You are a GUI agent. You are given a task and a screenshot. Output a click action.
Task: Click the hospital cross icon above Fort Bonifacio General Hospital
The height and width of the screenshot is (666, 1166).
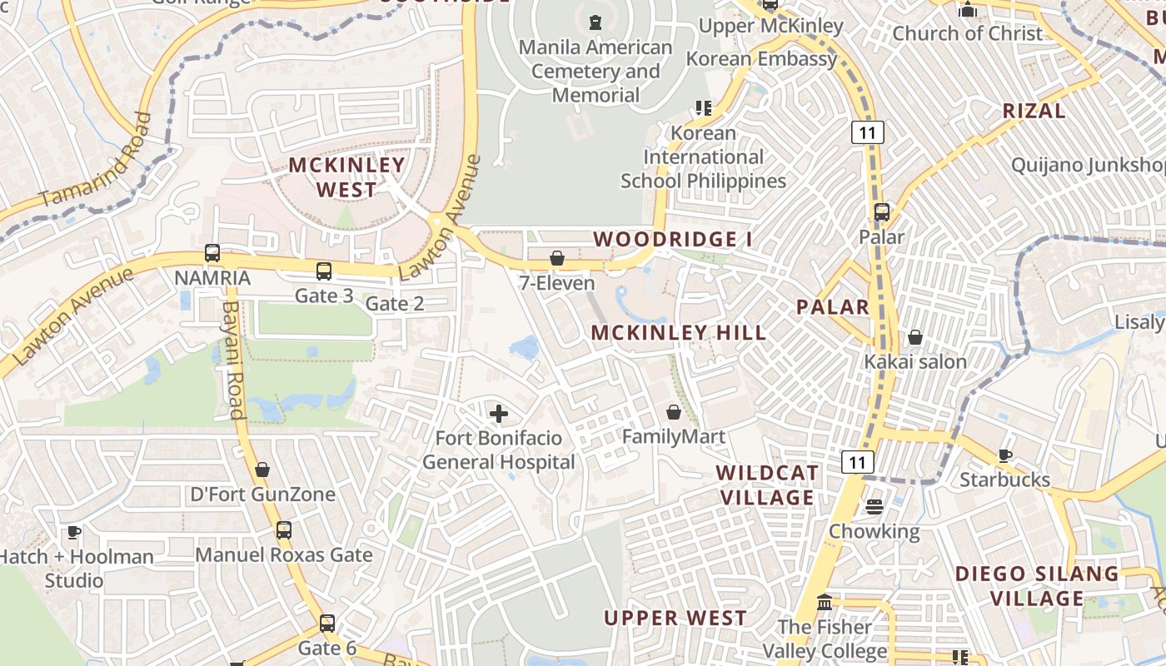[x=498, y=413]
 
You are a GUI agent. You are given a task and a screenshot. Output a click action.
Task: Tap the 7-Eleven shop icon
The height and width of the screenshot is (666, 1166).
[x=557, y=259]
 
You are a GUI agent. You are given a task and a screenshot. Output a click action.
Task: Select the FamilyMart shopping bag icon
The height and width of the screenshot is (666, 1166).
[x=674, y=412]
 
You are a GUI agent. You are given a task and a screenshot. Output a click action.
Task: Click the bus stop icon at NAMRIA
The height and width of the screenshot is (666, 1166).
[x=212, y=253]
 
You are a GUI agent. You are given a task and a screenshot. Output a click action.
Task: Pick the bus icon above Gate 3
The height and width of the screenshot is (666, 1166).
[x=324, y=271]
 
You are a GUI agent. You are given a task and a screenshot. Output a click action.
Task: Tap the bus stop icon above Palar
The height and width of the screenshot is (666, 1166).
[x=882, y=212]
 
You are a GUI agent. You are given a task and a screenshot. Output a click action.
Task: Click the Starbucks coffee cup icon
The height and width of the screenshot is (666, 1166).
[x=1005, y=455]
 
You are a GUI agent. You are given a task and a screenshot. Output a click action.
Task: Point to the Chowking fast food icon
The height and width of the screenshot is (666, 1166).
[x=874, y=506]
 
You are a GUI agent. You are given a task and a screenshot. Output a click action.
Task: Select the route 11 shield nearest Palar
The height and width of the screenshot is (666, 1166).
[x=867, y=132]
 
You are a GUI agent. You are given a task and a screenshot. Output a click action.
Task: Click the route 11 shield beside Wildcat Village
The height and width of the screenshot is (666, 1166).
[x=857, y=461]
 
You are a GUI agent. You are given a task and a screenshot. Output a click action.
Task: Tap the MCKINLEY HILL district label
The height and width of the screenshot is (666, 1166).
[x=679, y=333]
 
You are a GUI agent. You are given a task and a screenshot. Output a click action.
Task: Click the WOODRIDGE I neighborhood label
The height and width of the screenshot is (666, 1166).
[x=673, y=240]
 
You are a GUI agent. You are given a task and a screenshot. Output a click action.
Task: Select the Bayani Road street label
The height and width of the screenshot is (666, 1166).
[x=232, y=360]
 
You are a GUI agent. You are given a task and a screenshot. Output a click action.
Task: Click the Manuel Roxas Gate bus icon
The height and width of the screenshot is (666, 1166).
[x=284, y=529]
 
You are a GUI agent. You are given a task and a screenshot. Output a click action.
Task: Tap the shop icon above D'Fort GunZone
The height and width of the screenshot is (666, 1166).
[x=262, y=470]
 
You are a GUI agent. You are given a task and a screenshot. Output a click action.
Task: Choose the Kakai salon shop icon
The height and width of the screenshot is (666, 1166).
[x=914, y=337]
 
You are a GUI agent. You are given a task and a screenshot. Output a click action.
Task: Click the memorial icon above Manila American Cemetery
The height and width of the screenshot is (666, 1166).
[x=595, y=22]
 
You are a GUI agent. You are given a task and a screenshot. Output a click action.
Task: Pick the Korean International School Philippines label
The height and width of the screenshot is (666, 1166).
[x=704, y=157]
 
